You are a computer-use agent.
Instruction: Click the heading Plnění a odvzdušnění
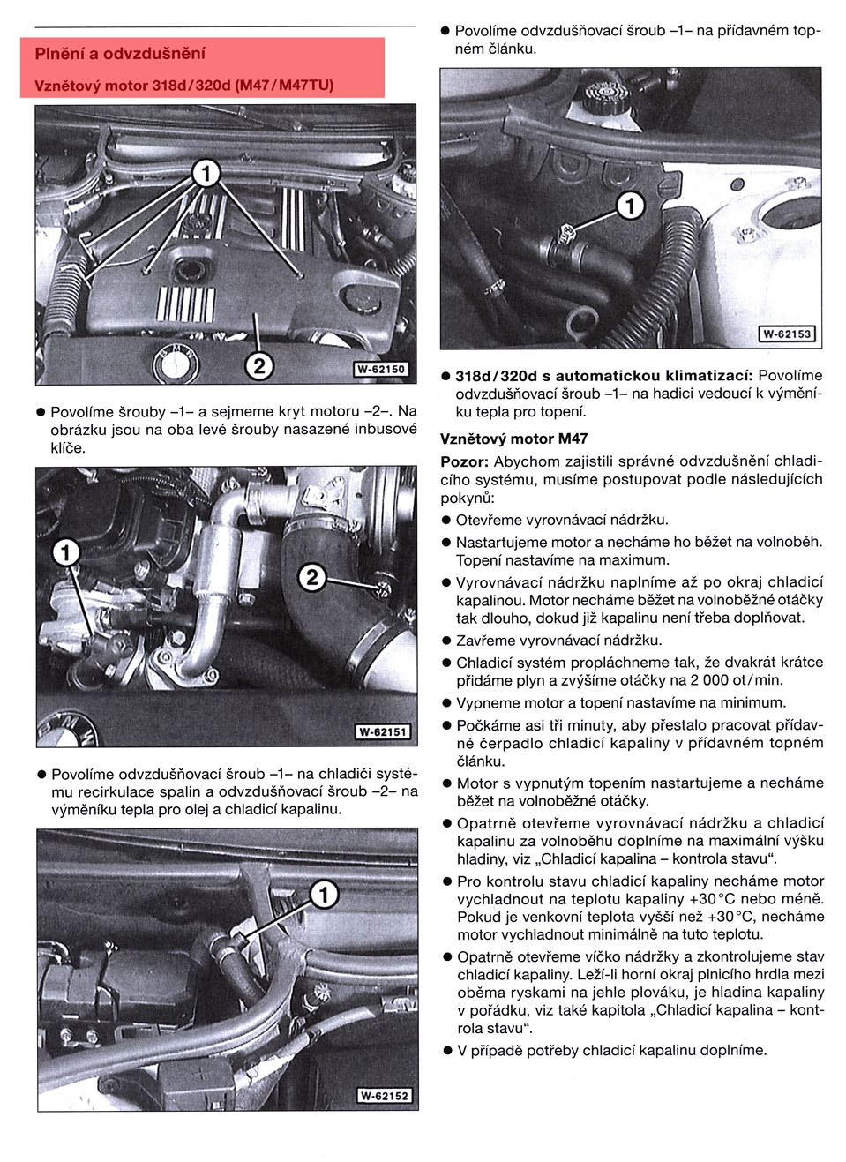pos(120,54)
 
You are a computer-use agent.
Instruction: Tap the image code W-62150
pos(381,370)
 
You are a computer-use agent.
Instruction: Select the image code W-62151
pos(383,732)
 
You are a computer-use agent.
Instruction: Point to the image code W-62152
pos(384,1096)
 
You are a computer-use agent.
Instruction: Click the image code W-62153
pos(787,334)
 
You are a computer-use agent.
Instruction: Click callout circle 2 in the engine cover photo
pos(258,365)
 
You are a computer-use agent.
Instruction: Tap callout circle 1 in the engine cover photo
pos(206,174)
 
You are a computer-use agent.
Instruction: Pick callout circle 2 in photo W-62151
pos(312,578)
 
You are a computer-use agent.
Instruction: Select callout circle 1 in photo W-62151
pos(66,553)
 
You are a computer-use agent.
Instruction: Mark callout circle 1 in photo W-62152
pos(324,895)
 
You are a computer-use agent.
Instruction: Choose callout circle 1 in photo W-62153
pos(630,206)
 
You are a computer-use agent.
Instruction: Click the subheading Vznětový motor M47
pos(513,439)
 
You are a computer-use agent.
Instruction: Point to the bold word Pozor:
pos(464,461)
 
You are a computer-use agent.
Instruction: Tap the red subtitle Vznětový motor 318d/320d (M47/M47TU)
pos(183,86)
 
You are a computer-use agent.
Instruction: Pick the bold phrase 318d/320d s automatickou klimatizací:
pos(604,376)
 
